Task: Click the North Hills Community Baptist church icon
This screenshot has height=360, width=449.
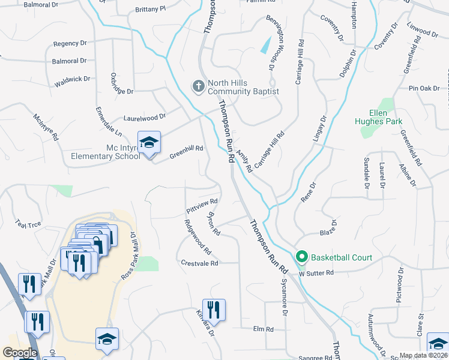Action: point(198,87)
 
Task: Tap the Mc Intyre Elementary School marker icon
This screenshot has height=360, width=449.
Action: point(149,143)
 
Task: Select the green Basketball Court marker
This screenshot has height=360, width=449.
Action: point(302,258)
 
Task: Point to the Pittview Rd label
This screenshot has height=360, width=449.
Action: point(201,206)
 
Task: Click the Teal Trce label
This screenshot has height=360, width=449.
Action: point(28,223)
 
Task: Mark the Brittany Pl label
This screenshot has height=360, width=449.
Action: point(151,10)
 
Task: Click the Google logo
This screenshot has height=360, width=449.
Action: point(20,353)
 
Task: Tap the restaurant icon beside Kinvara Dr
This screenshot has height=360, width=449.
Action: point(214,310)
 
